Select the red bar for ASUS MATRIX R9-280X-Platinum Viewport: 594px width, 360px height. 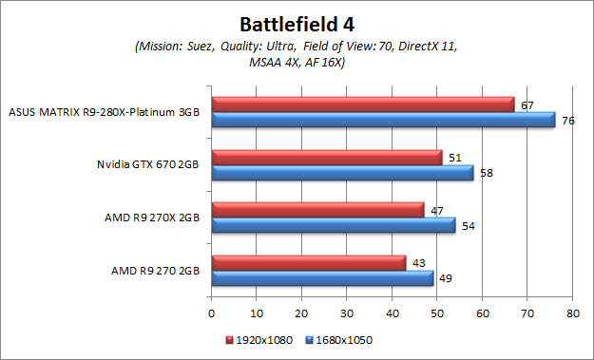click(362, 104)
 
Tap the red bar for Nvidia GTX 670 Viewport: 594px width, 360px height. click(326, 158)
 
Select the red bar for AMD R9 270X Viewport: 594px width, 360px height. click(317, 210)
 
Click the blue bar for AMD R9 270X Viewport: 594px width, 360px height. click(333, 226)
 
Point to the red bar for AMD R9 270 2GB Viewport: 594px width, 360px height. click(308, 263)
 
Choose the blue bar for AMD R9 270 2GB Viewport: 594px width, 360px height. click(322, 278)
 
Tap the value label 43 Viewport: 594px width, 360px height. click(419, 260)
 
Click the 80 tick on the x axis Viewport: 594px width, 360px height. click(572, 311)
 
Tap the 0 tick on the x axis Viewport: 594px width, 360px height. click(211, 311)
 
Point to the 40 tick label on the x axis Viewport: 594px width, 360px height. click(392, 311)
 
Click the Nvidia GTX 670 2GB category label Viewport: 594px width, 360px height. click(147, 164)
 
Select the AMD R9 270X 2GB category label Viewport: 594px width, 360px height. click(152, 218)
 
